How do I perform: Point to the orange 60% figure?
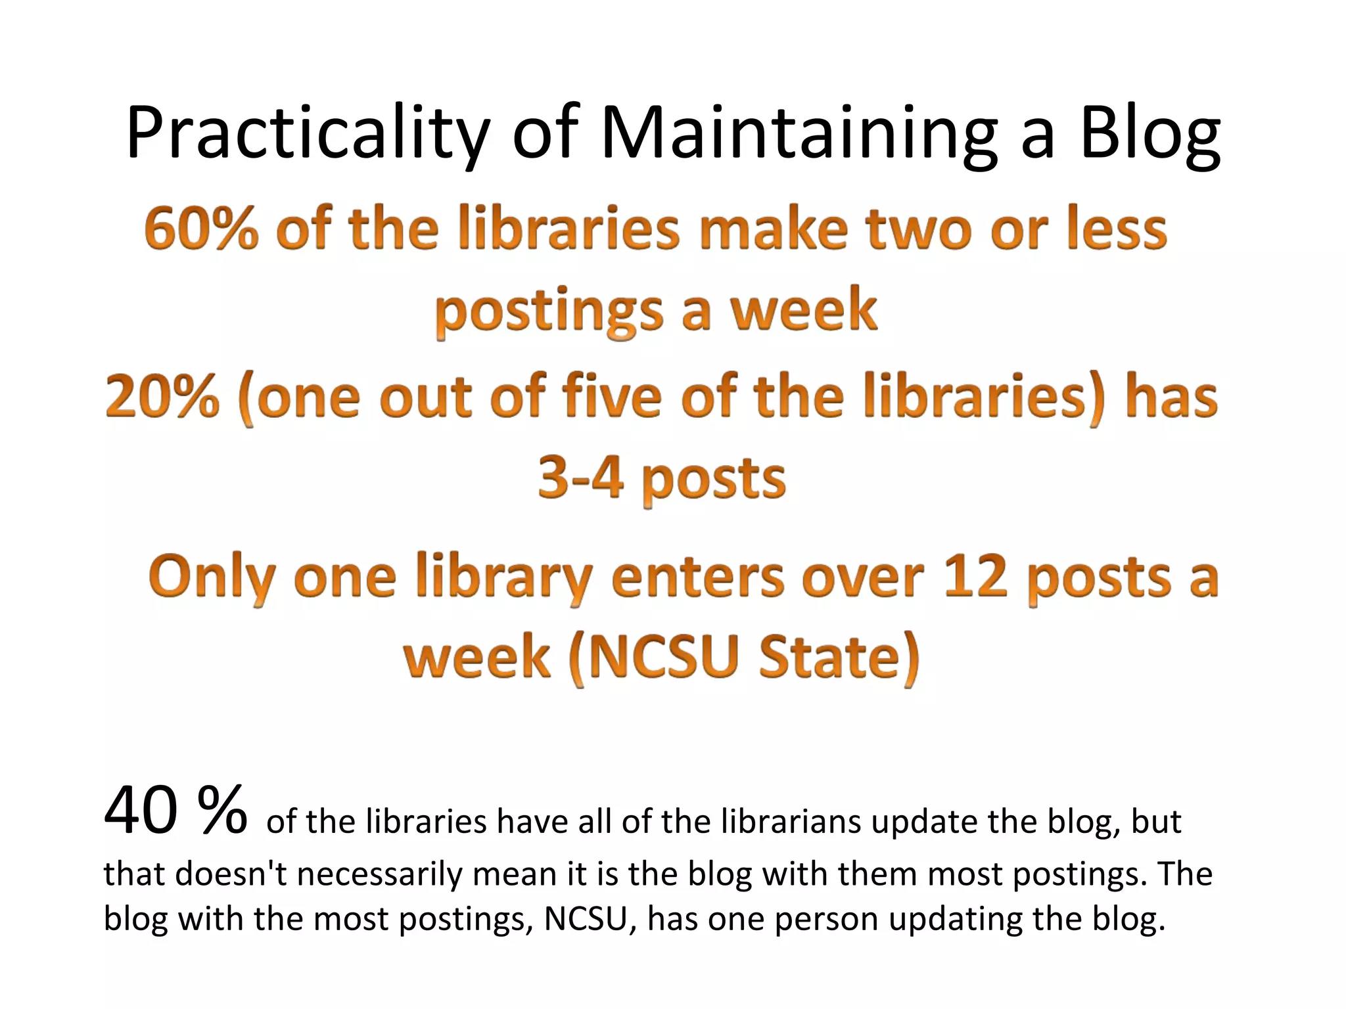201,228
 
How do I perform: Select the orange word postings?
549,311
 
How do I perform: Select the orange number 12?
975,577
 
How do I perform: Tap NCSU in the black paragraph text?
585,920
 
